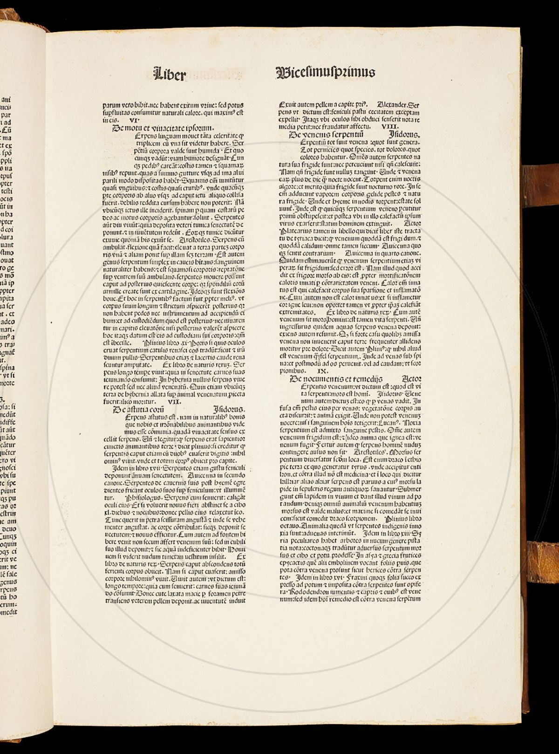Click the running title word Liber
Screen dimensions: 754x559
(x=170, y=74)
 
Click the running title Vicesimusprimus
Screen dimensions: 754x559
(x=325, y=72)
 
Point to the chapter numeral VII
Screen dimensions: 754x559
(x=173, y=401)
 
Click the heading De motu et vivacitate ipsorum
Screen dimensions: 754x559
(x=163, y=128)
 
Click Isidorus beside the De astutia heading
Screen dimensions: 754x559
(x=229, y=409)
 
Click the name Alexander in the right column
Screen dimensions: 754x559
(x=391, y=104)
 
